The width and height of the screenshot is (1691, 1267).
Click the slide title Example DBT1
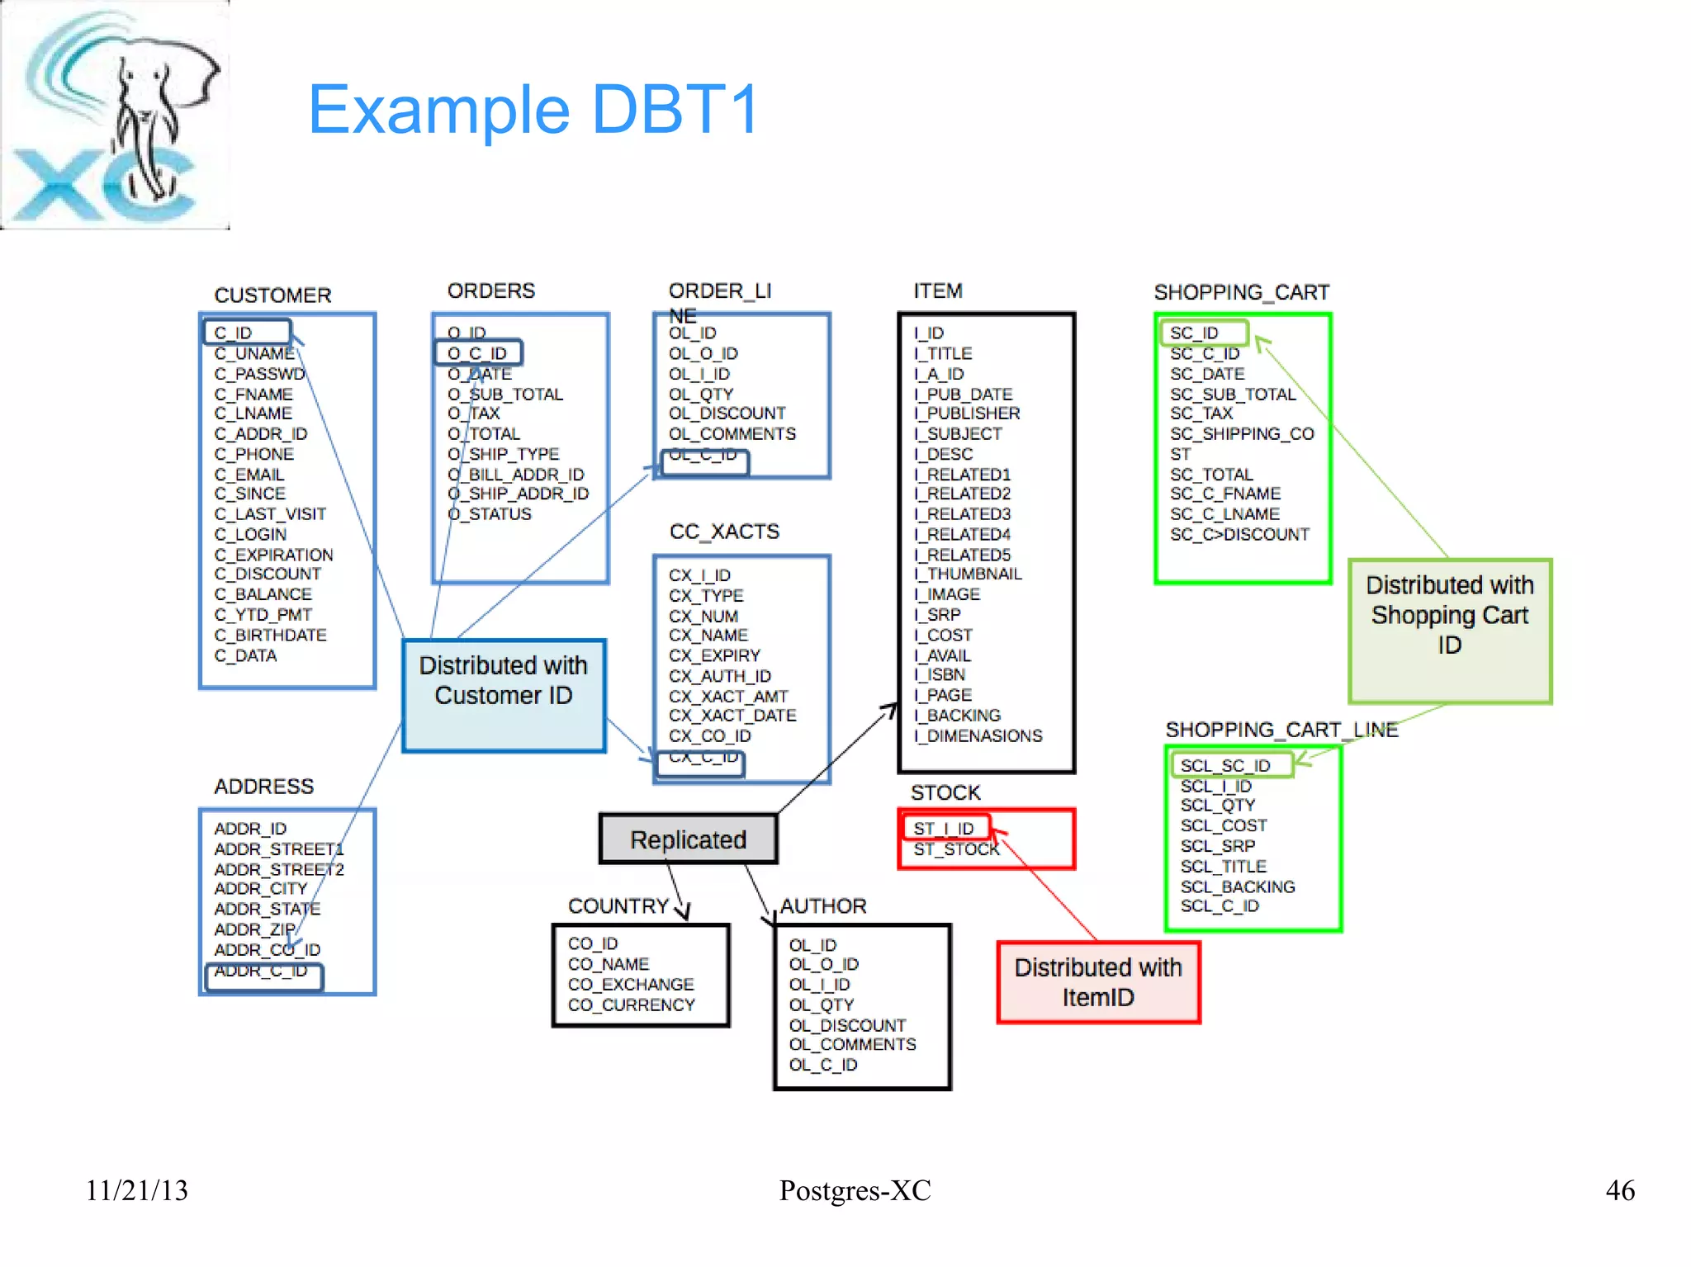coord(533,110)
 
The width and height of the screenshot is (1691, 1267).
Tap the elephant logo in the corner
coord(116,116)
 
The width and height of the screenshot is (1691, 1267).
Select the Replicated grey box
coord(688,839)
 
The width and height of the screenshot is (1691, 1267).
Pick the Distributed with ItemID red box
coord(1098,982)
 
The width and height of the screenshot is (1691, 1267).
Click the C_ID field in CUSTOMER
coord(247,332)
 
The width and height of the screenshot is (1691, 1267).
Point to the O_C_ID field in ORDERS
coord(478,353)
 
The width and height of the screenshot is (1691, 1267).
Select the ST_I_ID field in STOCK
coord(945,828)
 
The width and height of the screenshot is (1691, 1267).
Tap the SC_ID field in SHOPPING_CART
coord(1202,333)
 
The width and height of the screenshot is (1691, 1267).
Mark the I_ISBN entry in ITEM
coord(940,675)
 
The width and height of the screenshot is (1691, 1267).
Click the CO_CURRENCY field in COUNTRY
coord(632,1005)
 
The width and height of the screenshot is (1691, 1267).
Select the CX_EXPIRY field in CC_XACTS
coord(714,655)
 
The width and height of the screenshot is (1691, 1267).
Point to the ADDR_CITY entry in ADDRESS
coord(261,889)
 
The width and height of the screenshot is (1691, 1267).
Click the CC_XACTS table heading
coord(724,532)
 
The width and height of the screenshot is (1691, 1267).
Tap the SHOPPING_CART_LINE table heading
coord(1281,730)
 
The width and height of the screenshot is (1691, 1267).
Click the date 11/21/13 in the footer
coord(137,1190)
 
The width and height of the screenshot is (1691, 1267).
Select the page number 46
coord(1620,1190)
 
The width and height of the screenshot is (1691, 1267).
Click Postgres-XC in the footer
coord(855,1190)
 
